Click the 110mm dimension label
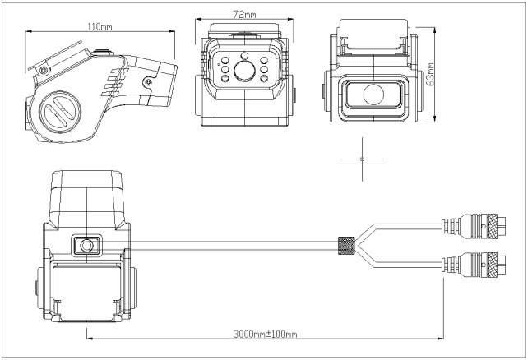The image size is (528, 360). point(100,26)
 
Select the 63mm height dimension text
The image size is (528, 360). point(432,76)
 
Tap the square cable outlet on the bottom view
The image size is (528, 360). point(86,244)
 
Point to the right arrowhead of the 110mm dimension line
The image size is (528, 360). point(174,31)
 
